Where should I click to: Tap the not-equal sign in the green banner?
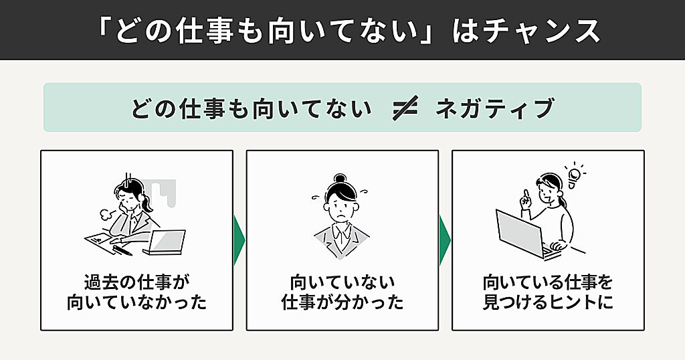(405, 108)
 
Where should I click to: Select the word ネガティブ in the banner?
(494, 108)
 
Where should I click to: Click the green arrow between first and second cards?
(239, 240)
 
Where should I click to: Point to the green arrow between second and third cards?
(445, 240)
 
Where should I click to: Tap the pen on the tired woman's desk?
(122, 250)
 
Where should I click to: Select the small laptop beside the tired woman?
(165, 242)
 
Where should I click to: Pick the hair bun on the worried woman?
(340, 178)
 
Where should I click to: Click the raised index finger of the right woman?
(526, 194)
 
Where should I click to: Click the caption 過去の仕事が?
(136, 282)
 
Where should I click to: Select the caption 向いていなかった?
(136, 302)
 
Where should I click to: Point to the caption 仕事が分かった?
(342, 302)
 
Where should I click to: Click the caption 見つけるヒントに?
(548, 302)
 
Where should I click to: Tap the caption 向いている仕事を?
(548, 282)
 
